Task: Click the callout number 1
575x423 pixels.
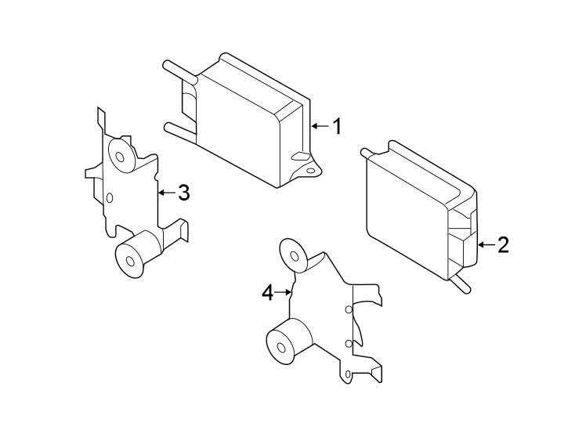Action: click(338, 126)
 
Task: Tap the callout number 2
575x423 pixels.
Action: click(503, 245)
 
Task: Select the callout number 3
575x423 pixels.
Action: click(183, 192)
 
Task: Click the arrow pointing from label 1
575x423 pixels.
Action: click(320, 126)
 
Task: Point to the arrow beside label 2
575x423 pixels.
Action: click(485, 245)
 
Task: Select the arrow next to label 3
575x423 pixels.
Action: click(165, 192)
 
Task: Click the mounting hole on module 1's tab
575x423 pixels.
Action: click(311, 169)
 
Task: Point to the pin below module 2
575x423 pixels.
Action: click(462, 284)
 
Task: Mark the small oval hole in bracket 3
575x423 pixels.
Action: click(109, 197)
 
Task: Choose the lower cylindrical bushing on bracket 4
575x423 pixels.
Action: click(280, 343)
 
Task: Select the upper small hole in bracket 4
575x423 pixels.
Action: click(348, 310)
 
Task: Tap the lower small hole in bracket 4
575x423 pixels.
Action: click(348, 344)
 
